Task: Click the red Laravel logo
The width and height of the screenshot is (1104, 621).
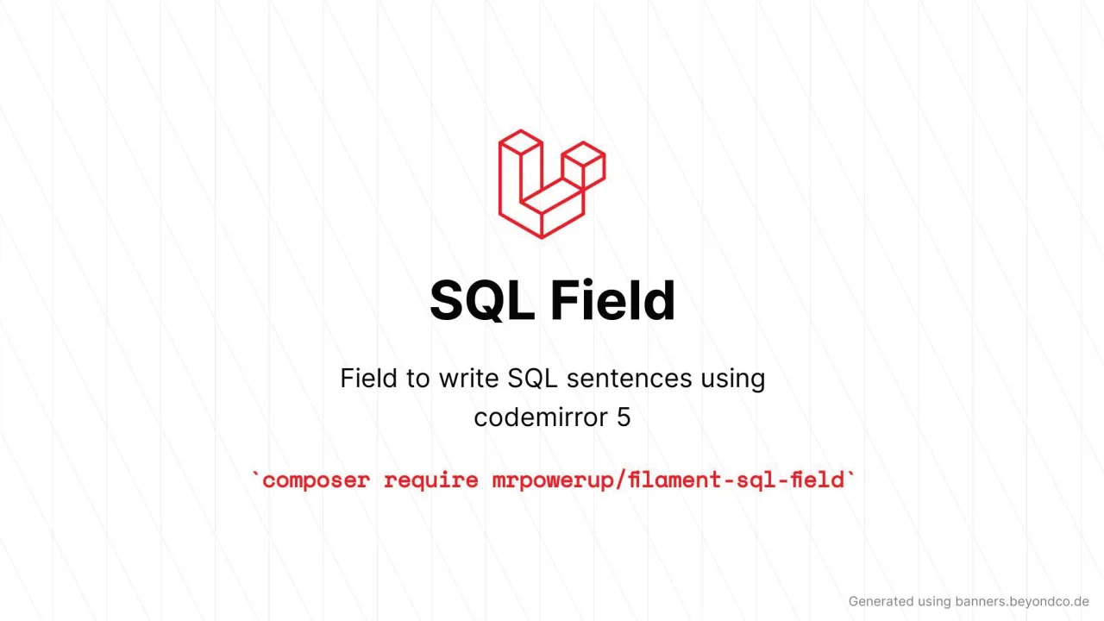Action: coord(551,184)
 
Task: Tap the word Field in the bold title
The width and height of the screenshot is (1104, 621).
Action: coord(612,300)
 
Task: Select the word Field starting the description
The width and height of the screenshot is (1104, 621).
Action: coord(367,379)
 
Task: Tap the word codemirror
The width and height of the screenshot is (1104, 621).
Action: coord(540,417)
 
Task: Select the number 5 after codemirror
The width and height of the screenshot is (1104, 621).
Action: coord(624,417)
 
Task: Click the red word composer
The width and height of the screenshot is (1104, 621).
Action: coord(316,480)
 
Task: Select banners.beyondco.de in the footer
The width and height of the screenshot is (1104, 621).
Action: coord(1022,602)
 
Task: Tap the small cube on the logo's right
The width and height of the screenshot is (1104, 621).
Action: coord(584,164)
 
